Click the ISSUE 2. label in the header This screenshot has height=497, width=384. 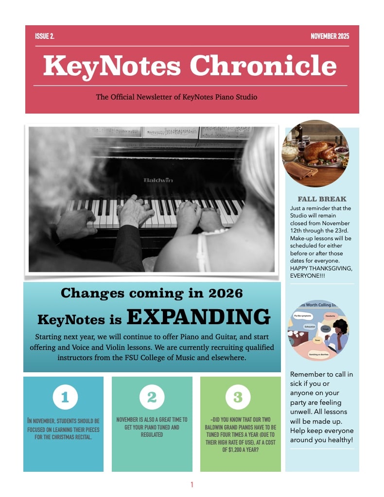point(45,36)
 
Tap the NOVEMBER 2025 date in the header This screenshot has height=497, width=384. point(330,36)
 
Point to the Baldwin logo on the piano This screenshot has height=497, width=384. point(158,180)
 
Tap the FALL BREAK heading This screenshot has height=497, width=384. point(322,199)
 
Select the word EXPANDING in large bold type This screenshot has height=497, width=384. point(198,317)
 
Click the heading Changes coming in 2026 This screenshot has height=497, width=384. point(152,293)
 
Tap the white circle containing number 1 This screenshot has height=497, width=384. point(65,398)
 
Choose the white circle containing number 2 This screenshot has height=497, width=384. point(152,398)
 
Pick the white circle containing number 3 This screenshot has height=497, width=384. point(238,398)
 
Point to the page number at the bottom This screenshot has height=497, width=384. point(192,484)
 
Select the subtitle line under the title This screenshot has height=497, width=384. point(176,97)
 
